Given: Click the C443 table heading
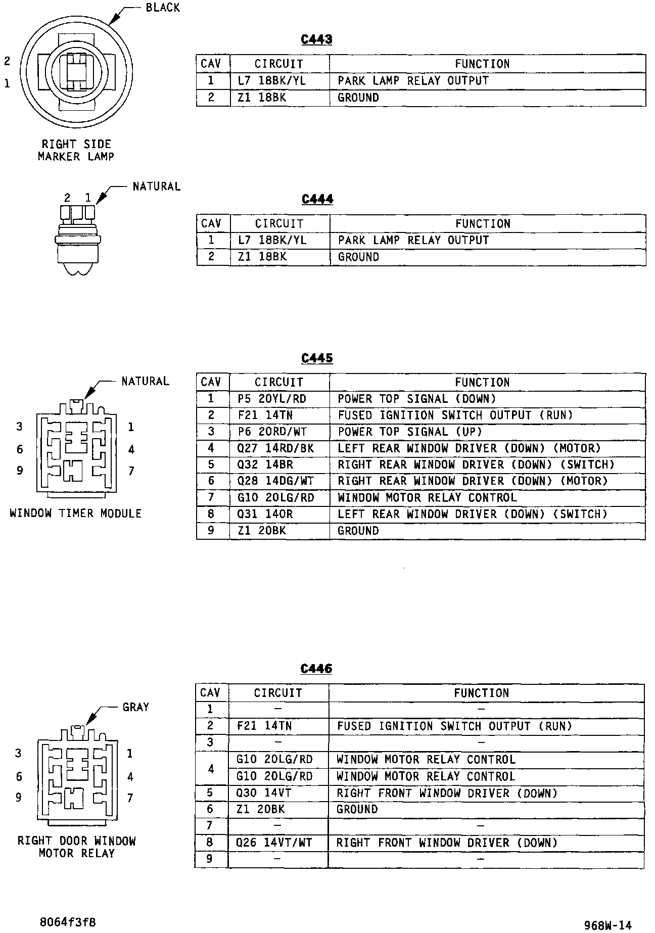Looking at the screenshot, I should point(316,39).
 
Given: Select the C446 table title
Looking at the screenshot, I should point(316,669).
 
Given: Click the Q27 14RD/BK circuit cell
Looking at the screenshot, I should point(275,448).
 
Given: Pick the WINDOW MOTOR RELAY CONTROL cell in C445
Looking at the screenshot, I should point(427,498).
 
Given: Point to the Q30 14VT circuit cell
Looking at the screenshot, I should point(264,793).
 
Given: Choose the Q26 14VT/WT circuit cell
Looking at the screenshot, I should point(274,843).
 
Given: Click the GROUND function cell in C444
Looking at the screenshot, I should point(358,257).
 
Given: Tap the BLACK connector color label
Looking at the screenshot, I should point(163,8).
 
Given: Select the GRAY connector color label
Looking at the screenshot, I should point(136,707).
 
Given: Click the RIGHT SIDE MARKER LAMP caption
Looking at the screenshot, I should point(76,151).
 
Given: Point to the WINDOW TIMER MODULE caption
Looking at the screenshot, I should point(76,514).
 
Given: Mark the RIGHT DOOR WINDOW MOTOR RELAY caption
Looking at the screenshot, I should point(77,847).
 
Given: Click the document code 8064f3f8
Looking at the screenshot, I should point(68,922).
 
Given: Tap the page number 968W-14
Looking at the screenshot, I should point(607,925).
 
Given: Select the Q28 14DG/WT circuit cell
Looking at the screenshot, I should point(275,481).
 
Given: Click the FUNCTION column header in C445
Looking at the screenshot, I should point(482,383).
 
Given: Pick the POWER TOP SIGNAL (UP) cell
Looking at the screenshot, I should point(410,432).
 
